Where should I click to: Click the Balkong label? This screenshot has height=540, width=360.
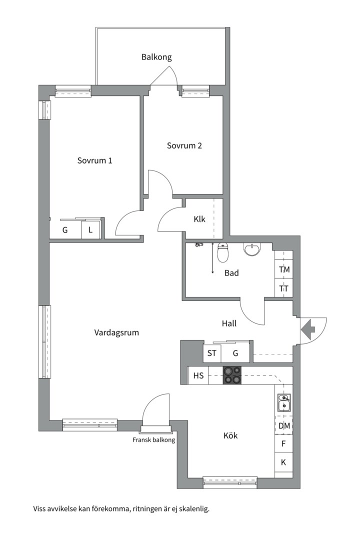pyautogui.click(x=156, y=57)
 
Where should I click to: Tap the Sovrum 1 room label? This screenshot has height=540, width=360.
pyautogui.click(x=94, y=160)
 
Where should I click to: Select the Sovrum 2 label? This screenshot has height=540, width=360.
pyautogui.click(x=184, y=146)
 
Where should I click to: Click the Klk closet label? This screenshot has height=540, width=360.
pyautogui.click(x=199, y=219)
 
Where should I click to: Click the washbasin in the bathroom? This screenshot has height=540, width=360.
pyautogui.click(x=252, y=249)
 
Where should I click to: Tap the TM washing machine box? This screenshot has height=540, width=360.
pyautogui.click(x=284, y=269)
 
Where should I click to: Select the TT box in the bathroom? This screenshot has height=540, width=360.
pyautogui.click(x=284, y=288)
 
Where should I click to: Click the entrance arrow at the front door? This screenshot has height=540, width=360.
pyautogui.click(x=307, y=329)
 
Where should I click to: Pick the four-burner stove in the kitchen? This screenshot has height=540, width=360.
pyautogui.click(x=232, y=375)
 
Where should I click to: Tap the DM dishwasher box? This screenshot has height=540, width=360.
pyautogui.click(x=284, y=426)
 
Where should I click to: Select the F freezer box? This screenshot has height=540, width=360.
pyautogui.click(x=283, y=443)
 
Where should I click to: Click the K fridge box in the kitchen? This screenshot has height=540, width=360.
pyautogui.click(x=283, y=462)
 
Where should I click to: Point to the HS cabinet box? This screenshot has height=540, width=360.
pyautogui.click(x=198, y=376)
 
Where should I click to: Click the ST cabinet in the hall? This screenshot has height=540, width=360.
pyautogui.click(x=212, y=353)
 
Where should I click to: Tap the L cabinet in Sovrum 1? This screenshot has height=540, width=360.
pyautogui.click(x=90, y=230)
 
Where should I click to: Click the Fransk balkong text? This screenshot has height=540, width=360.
pyautogui.click(x=153, y=440)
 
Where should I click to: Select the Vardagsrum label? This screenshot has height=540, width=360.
pyautogui.click(x=116, y=332)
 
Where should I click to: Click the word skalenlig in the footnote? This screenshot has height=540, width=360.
pyautogui.click(x=192, y=509)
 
